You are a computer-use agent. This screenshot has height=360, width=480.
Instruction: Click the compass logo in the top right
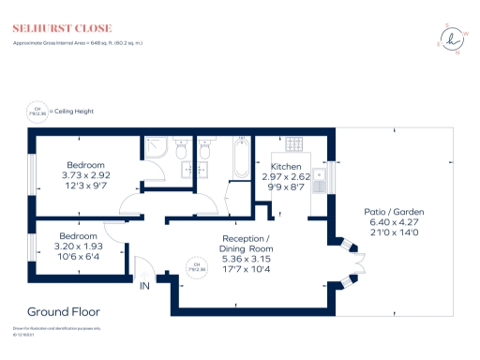[x=453, y=38]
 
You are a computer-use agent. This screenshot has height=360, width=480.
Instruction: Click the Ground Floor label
[x=64, y=311]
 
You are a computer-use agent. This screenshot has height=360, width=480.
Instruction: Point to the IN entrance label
[x=145, y=285]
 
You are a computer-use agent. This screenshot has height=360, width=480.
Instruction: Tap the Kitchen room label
[x=286, y=166]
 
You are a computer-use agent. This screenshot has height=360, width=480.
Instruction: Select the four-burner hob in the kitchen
[x=292, y=146]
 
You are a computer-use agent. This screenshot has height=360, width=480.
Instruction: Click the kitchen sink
[x=320, y=175]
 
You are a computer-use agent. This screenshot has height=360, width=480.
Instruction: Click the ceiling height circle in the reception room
[x=197, y=265]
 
